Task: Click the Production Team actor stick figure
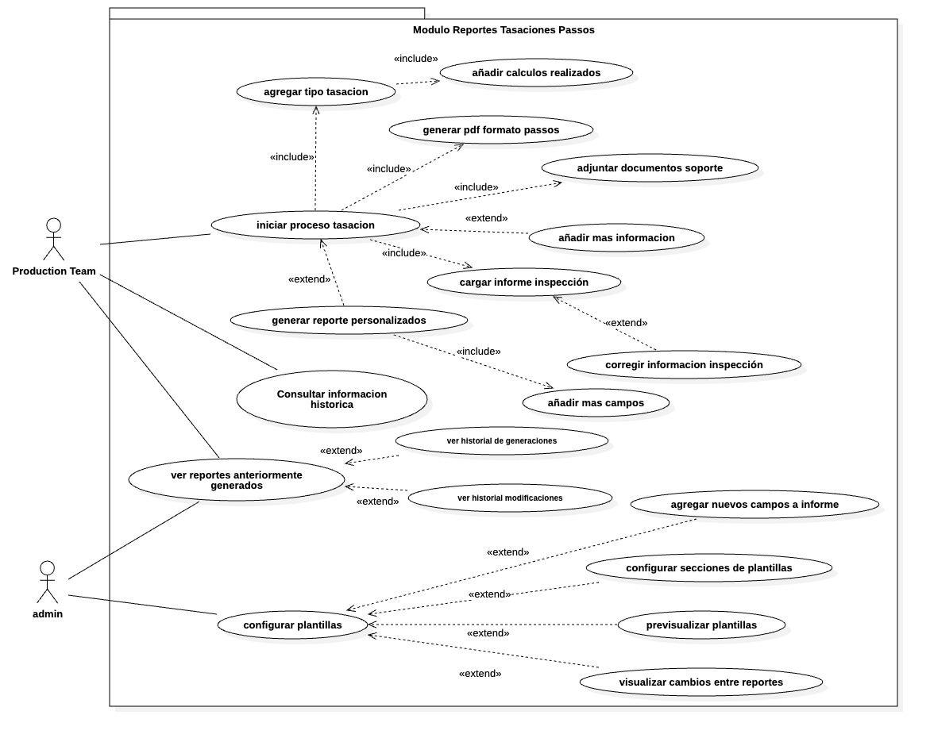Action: (x=53, y=239)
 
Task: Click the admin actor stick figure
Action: (x=48, y=582)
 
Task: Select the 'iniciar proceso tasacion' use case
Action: (x=315, y=225)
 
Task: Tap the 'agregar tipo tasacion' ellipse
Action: (x=316, y=92)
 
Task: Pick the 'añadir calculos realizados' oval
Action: (x=536, y=73)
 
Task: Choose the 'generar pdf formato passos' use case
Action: (x=491, y=130)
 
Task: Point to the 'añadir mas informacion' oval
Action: (x=616, y=238)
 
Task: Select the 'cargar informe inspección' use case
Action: (x=523, y=283)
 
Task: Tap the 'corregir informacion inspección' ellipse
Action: (x=684, y=365)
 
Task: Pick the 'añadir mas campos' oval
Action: (x=596, y=403)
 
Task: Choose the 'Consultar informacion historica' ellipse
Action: (x=332, y=399)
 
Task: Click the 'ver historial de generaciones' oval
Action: (x=502, y=440)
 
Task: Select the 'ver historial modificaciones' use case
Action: (x=510, y=498)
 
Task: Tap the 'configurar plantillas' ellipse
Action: (x=292, y=625)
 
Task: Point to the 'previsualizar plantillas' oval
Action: (x=701, y=625)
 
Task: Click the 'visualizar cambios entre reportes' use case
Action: (x=700, y=682)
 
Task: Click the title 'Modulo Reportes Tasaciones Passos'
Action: (x=504, y=30)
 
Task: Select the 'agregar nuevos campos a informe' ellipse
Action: (x=754, y=505)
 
